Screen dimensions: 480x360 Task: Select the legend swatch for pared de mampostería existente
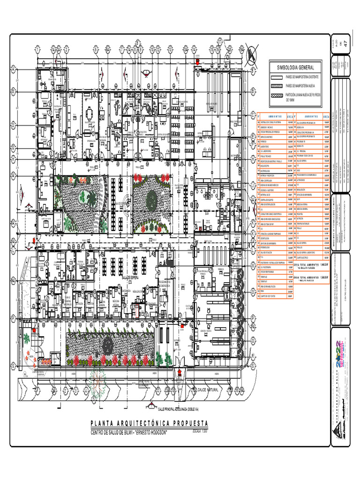click(276, 76)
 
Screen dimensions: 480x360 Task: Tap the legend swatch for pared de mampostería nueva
click(276, 86)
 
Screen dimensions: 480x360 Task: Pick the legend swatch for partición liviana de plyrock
click(276, 95)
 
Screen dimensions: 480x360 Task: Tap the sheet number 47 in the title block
click(346, 43)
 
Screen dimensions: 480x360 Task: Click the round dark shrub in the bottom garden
click(108, 346)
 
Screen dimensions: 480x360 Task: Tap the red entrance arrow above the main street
click(179, 373)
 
